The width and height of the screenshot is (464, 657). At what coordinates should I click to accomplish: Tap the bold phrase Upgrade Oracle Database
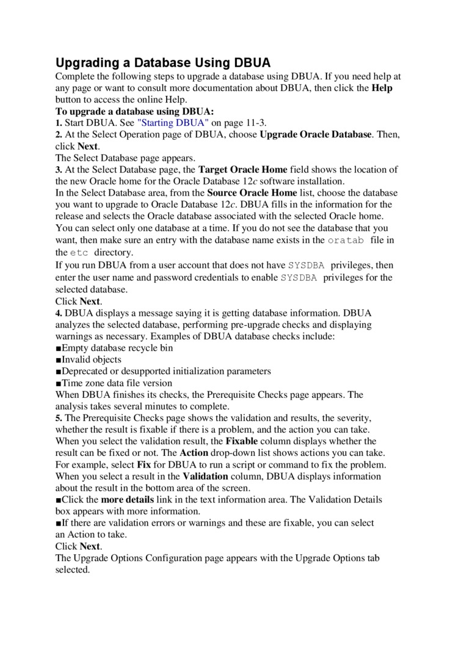coord(316,134)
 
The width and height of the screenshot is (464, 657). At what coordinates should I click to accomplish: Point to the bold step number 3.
coord(58,170)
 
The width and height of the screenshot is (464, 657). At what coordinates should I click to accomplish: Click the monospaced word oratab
coord(346,241)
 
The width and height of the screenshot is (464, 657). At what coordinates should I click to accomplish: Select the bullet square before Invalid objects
coord(58,360)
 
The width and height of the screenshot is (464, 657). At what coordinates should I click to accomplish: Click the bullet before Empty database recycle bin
coord(58,348)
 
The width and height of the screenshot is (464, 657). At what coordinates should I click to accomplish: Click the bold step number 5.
coord(58,418)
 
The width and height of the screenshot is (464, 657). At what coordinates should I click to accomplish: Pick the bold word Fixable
coord(242,441)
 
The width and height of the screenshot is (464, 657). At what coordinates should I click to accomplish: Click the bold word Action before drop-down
coord(194,453)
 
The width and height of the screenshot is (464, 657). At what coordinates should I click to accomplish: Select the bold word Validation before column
coord(206,476)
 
